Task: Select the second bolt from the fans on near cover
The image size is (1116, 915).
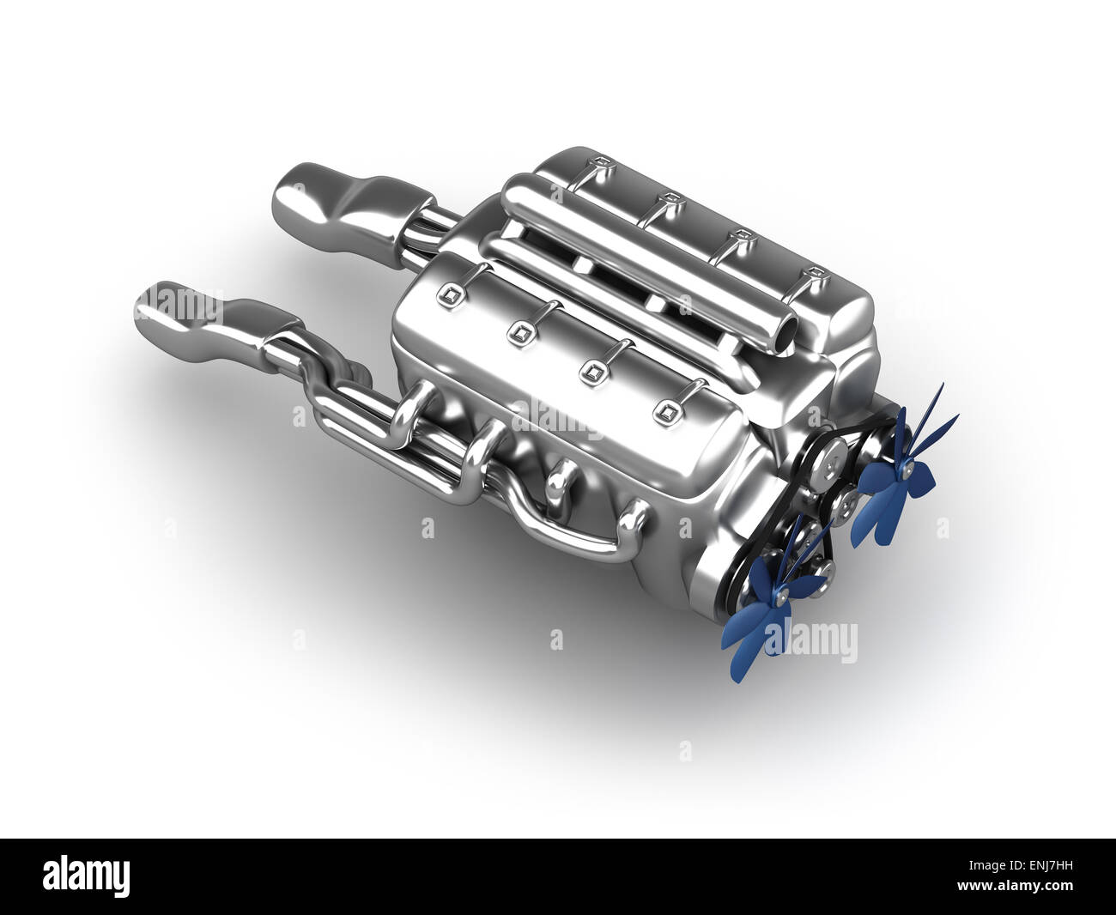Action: click(591, 370)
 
